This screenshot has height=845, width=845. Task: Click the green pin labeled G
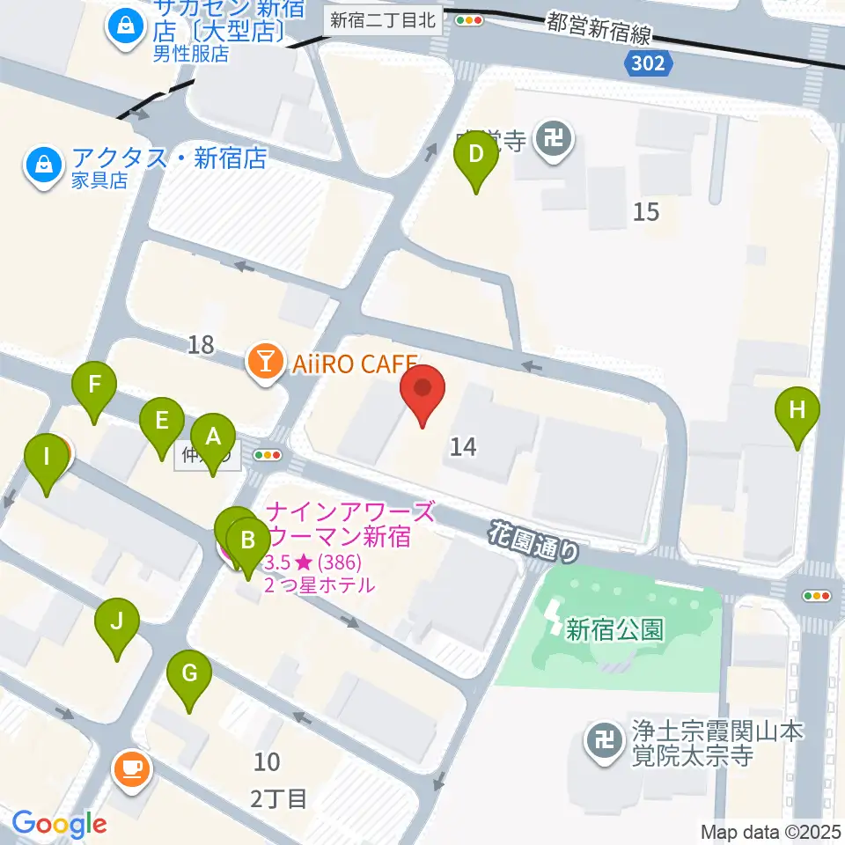(189, 675)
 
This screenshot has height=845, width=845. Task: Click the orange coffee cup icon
(133, 769)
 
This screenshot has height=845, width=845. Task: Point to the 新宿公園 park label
(614, 629)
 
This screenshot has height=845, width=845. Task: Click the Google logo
(59, 823)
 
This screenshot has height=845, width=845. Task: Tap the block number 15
(646, 211)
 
